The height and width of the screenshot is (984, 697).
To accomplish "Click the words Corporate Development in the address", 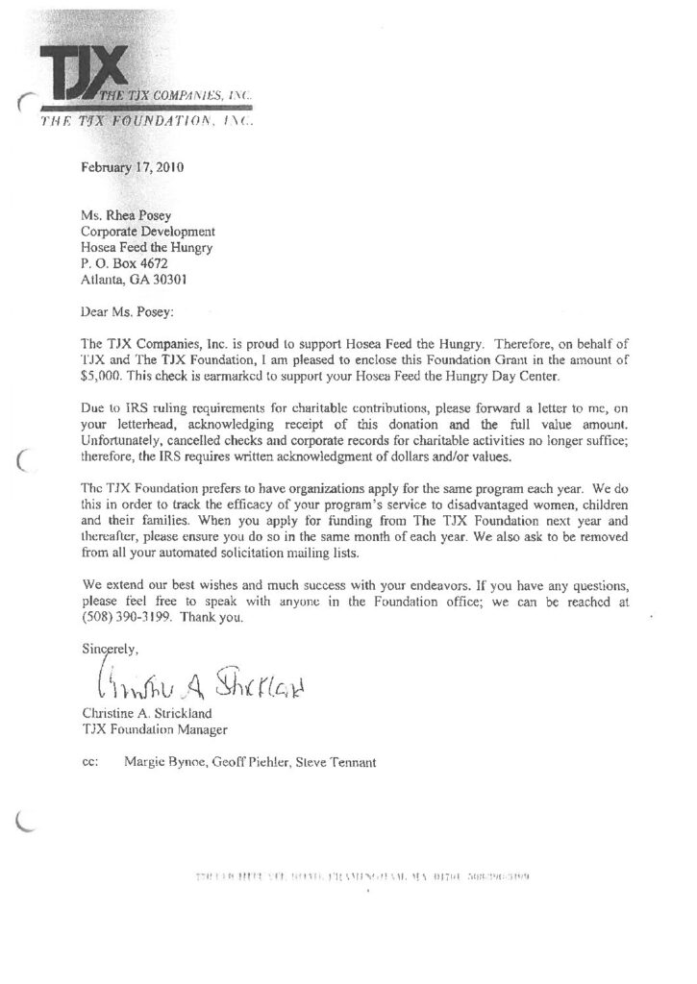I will tap(148, 232).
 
